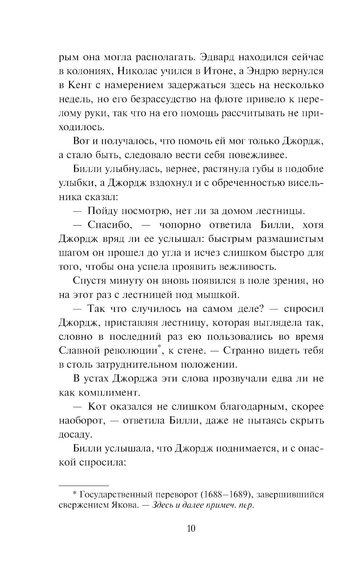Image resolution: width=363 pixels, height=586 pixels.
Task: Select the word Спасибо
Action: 109,225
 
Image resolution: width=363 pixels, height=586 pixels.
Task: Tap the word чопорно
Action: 180,225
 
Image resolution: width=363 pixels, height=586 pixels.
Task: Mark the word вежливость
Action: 248,267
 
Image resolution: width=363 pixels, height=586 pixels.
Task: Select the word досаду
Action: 74,435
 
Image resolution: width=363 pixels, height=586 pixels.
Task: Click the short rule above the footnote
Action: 83,485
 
